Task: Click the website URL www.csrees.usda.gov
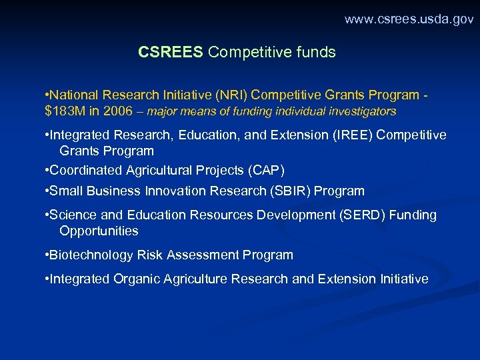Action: pos(409,19)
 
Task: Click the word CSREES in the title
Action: pos(170,52)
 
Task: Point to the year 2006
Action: pos(117,111)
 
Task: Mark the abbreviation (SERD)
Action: pos(362,215)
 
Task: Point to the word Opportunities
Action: pos(99,231)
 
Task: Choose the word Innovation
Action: pos(174,191)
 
